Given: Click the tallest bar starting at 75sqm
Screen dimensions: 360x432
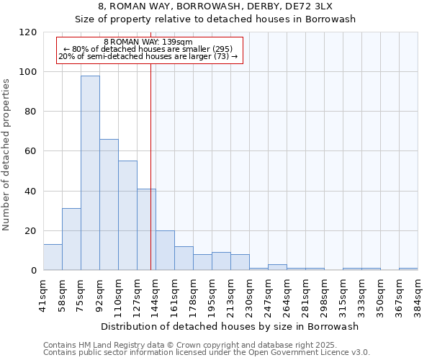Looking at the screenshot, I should (90, 173).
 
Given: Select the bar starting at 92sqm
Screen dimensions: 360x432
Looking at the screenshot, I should (109, 204).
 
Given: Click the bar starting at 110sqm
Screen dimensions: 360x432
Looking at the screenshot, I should (127, 215).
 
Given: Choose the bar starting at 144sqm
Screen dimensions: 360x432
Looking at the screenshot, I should (165, 250).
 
